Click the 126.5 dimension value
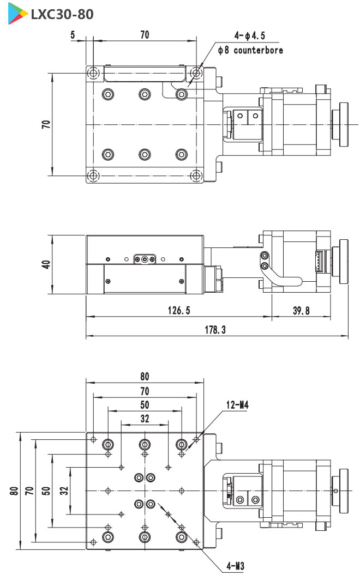[x=179, y=310]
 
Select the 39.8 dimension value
[x=301, y=310]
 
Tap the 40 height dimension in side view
[x=46, y=264]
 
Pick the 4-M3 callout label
[x=235, y=566]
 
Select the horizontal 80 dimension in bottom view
[x=145, y=376]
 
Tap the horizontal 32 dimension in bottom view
[x=145, y=419]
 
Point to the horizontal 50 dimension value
[x=145, y=404]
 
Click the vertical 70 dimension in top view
[x=46, y=124]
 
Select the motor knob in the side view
[x=343, y=262]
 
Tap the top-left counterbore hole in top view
[x=94, y=72]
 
